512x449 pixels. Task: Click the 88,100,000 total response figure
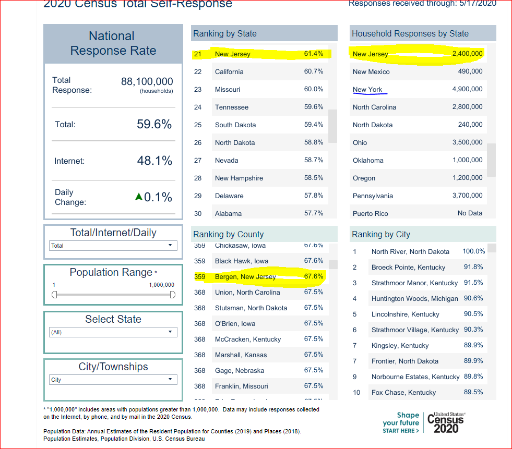point(147,82)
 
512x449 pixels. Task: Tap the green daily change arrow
point(138,197)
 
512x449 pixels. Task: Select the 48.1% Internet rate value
point(154,161)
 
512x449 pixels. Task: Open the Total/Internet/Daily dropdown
point(113,246)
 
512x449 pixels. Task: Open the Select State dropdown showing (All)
point(113,332)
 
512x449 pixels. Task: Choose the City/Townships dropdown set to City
point(113,380)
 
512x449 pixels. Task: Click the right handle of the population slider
point(173,295)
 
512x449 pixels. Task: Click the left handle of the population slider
point(54,295)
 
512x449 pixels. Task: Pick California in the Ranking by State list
point(229,71)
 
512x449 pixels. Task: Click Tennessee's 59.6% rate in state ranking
point(314,107)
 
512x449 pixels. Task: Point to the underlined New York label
point(367,89)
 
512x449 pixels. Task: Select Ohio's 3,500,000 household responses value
point(467,142)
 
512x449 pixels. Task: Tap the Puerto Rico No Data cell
point(470,213)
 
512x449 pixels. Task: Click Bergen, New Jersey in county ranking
point(245,276)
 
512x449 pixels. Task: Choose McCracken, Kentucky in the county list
point(248,339)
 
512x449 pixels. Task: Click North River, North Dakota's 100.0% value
point(473,251)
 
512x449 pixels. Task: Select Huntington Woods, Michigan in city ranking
point(414,298)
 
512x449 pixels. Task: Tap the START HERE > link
point(400,431)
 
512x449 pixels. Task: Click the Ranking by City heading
point(381,234)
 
